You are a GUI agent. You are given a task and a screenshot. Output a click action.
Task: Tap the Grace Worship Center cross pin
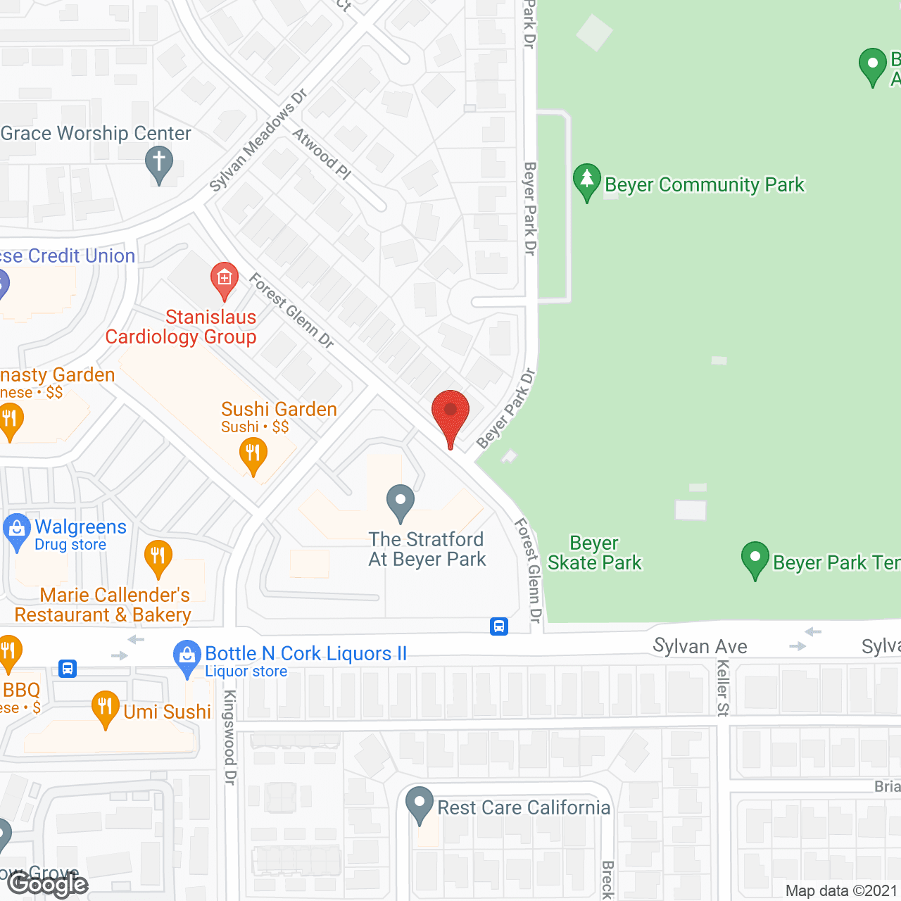[159, 163]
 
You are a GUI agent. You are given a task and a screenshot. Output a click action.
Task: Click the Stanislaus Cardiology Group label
[181, 327]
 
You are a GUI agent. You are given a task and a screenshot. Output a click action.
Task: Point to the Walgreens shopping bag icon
[16, 531]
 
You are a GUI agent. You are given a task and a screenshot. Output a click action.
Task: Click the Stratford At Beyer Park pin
[401, 502]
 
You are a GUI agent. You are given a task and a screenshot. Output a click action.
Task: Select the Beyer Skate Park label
[595, 553]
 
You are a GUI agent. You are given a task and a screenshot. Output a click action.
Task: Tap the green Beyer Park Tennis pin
[755, 559]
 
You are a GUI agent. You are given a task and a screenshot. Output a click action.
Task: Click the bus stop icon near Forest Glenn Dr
[499, 626]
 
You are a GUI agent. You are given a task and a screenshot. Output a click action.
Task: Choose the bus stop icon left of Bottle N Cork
[68, 668]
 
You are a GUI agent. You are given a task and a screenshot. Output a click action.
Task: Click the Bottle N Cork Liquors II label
[306, 654]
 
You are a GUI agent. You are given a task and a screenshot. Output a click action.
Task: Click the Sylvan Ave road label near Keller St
[700, 646]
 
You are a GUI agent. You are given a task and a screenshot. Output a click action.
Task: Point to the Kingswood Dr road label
[229, 737]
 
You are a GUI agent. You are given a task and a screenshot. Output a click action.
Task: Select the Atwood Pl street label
[322, 153]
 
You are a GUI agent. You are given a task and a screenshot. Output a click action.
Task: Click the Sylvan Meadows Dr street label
[258, 140]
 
